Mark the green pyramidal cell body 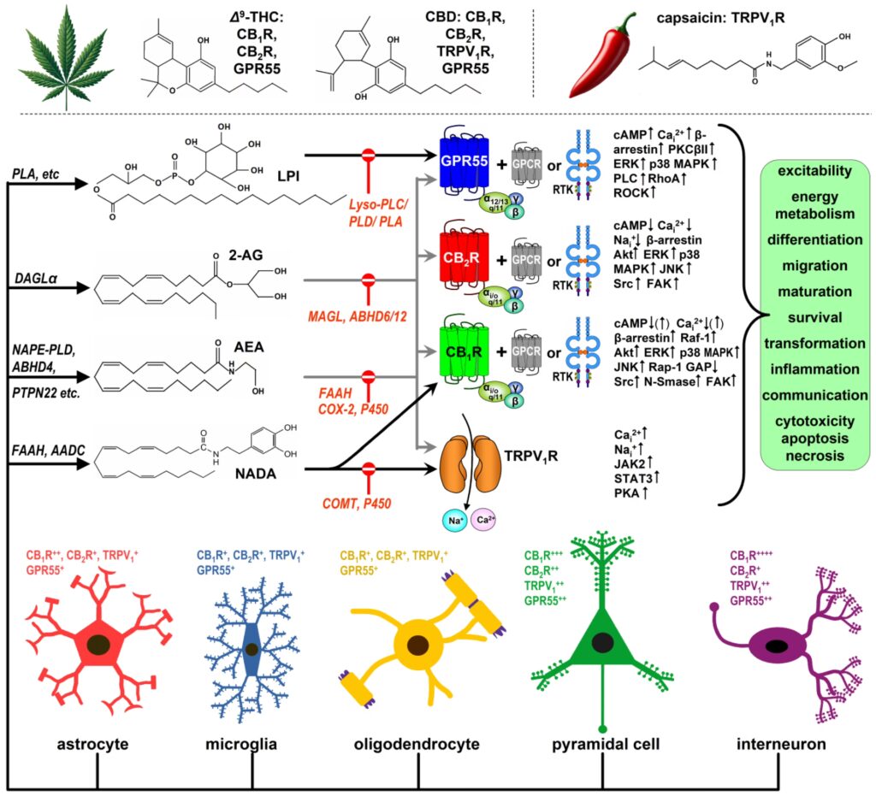point(604,641)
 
